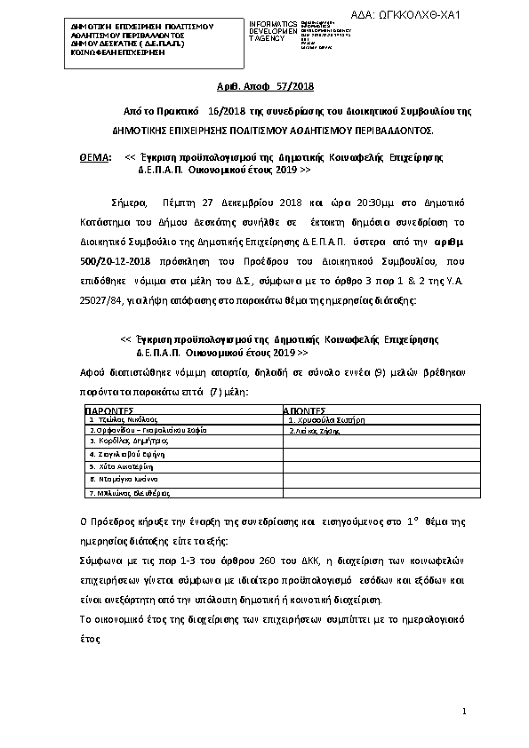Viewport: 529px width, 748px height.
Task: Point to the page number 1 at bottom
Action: pyautogui.click(x=463, y=712)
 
